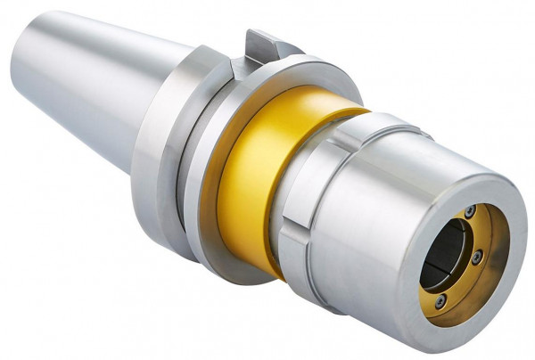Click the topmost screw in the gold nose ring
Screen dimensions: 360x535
pos(469,210)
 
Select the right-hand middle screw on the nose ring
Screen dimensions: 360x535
pos(477,257)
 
